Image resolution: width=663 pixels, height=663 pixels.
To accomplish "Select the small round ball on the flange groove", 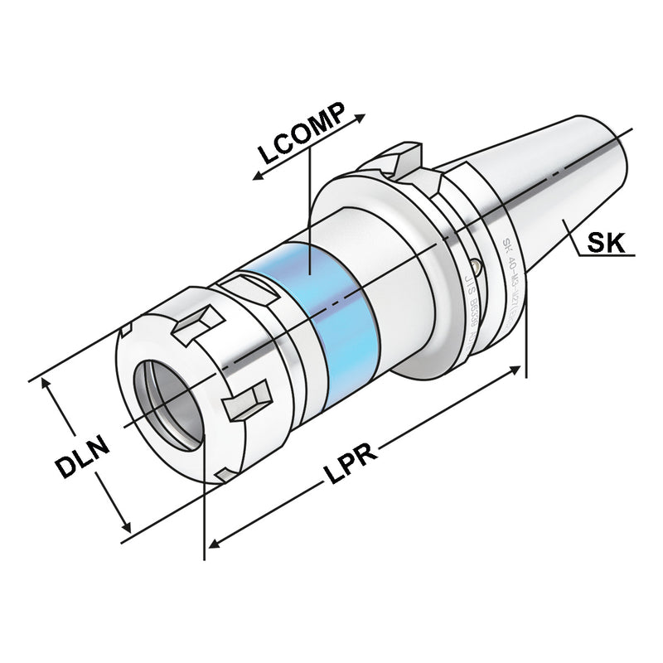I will coord(474,267).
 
